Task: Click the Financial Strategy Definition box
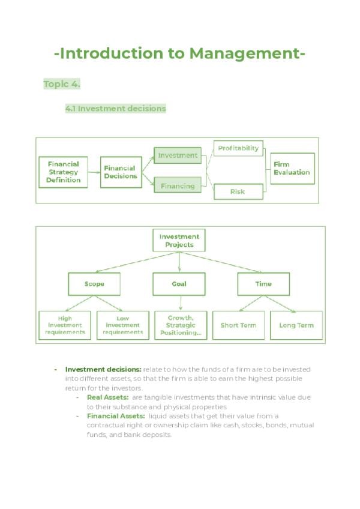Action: [x=64, y=172]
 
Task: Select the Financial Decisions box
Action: [x=121, y=172]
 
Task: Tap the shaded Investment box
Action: [x=178, y=155]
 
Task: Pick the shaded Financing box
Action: [x=178, y=186]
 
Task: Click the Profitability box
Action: [x=238, y=148]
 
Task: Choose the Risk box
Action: [x=238, y=192]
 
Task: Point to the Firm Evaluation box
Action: [x=292, y=169]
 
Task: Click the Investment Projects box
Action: [x=179, y=241]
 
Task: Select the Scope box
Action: [x=94, y=284]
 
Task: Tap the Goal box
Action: [x=179, y=284]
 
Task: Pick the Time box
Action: [x=263, y=284]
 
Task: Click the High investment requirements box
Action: [x=65, y=325]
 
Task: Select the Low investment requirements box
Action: [x=122, y=325]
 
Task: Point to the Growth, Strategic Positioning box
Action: [x=181, y=325]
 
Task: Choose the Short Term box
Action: [x=238, y=325]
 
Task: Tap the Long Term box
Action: [x=296, y=325]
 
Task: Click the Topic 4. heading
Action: [x=62, y=85]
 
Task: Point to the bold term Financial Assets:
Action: [x=116, y=416]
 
